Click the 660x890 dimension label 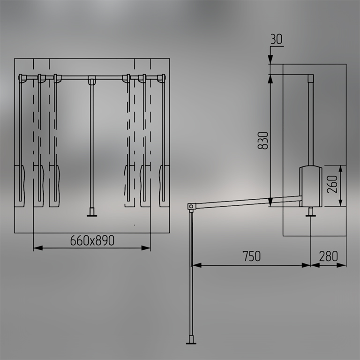pos(92,240)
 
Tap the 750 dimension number pos(252,256)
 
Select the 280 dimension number pos(328,256)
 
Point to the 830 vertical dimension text pos(263,141)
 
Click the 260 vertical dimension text pos(332,184)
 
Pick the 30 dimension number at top pos(277,39)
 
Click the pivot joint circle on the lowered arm pos(191,206)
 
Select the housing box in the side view pos(310,186)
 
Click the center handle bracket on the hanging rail pos(92,80)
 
